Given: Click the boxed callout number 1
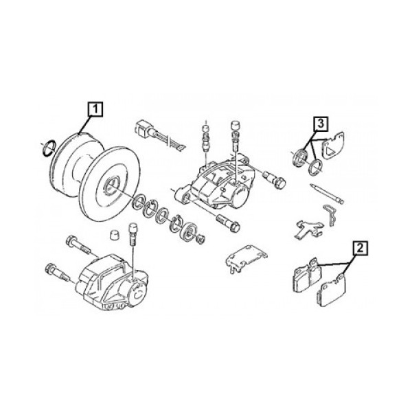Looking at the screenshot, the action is point(95,109).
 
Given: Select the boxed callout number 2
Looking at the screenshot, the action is point(360,248).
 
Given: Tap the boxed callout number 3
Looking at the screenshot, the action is point(321,124).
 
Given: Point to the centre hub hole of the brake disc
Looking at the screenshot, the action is point(111,186).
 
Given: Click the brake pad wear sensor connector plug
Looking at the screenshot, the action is point(143,128).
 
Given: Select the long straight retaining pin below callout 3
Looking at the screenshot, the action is point(327,194).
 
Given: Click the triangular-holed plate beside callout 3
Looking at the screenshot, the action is point(332,146).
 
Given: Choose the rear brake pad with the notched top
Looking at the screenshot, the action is point(307,275).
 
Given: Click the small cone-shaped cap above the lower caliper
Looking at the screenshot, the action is point(113,234).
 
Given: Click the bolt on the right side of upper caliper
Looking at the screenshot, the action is point(275,178).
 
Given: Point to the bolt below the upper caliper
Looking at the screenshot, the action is point(228,222).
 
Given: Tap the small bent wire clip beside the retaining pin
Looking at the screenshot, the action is point(330,215).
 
